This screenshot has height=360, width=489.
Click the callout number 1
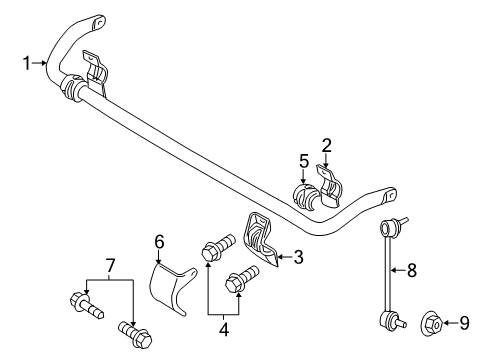(27, 64)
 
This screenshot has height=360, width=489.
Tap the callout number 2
(326, 146)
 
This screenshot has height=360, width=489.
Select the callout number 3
(297, 257)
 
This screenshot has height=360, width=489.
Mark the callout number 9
(463, 322)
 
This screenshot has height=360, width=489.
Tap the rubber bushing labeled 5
(301, 192)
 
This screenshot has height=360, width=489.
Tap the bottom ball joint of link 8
(389, 320)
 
